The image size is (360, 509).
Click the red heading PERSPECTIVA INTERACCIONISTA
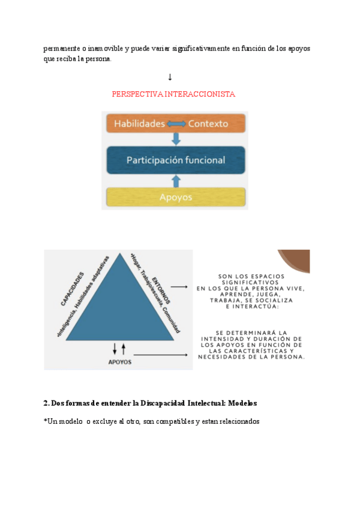[x=173, y=94]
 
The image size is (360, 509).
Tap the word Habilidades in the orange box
[x=139, y=124]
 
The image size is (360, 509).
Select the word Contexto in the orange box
[x=208, y=124]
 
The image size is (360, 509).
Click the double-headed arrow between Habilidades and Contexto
[x=176, y=124]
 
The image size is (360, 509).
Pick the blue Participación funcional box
[x=176, y=160]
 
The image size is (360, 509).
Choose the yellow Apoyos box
[x=176, y=197]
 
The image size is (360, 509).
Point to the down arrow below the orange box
[x=176, y=139]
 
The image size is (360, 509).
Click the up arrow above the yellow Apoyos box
[x=176, y=180]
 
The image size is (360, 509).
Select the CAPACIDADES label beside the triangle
[x=71, y=290]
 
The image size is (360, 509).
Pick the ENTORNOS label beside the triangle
[x=161, y=289]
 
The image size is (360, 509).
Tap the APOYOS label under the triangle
[x=120, y=362]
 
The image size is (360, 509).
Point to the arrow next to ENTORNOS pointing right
[x=179, y=288]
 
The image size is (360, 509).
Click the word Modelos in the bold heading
[x=241, y=402]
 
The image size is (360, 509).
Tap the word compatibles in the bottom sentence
[x=174, y=421]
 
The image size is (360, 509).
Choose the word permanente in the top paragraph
[x=62, y=48]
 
